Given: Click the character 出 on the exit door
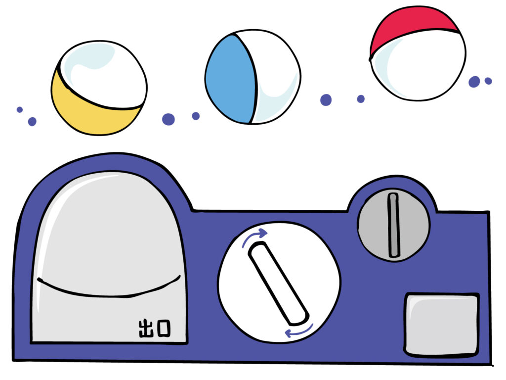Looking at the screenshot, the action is click(146, 329).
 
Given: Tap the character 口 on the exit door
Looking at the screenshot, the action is click(164, 329).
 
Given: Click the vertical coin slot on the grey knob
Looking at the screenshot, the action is click(393, 225).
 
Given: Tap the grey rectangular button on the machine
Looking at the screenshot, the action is click(441, 325).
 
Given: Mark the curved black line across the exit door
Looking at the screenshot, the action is click(109, 292).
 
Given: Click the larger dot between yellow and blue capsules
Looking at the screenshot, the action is click(169, 119).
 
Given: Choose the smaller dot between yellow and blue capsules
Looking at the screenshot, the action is click(196, 116).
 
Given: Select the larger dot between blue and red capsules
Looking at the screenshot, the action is click(326, 100).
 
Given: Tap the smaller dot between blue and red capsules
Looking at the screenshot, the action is click(361, 99).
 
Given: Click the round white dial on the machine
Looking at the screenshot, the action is click(279, 282).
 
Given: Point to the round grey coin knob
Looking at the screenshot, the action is click(394, 225).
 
